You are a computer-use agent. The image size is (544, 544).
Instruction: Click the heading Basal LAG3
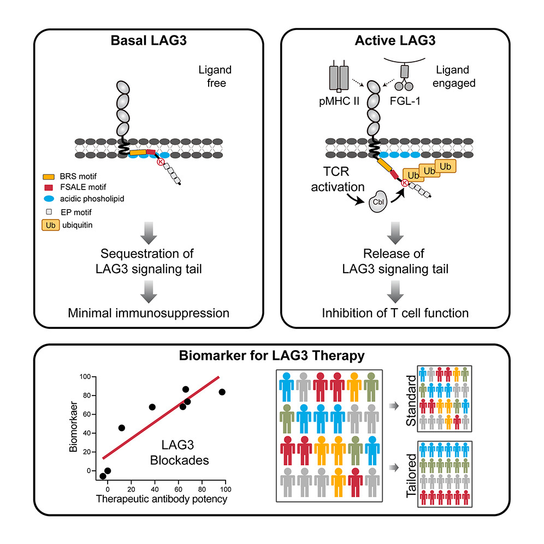(144, 42)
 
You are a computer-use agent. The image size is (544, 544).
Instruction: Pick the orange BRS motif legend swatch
(48, 178)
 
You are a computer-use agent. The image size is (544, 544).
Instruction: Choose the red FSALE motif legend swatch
(48, 188)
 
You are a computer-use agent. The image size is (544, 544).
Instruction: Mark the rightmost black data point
(222, 392)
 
